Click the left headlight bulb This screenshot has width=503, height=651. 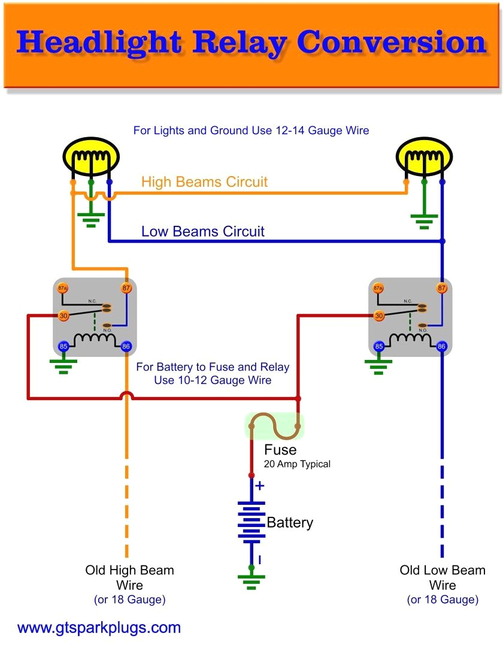point(91,158)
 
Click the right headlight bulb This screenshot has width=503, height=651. point(424,158)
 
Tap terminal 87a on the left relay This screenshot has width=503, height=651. point(63,288)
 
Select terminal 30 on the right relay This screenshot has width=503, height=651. point(378,316)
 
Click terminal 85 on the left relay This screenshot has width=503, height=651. point(63,346)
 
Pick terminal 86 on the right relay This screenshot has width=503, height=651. point(442,346)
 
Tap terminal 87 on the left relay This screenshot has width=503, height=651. point(126,288)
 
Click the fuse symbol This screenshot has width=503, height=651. point(275,425)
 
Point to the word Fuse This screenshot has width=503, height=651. point(280,450)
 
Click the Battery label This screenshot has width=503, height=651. point(290,522)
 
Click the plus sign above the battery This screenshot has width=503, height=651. point(259,485)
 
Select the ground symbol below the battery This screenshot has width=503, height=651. point(251,579)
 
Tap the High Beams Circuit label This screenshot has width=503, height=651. point(204,182)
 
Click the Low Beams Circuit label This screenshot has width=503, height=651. point(202,231)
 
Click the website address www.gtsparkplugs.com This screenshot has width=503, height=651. point(99,628)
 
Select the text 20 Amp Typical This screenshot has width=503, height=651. point(297,464)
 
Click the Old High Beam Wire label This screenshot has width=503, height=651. point(129,577)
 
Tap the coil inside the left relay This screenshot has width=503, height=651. point(95,340)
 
